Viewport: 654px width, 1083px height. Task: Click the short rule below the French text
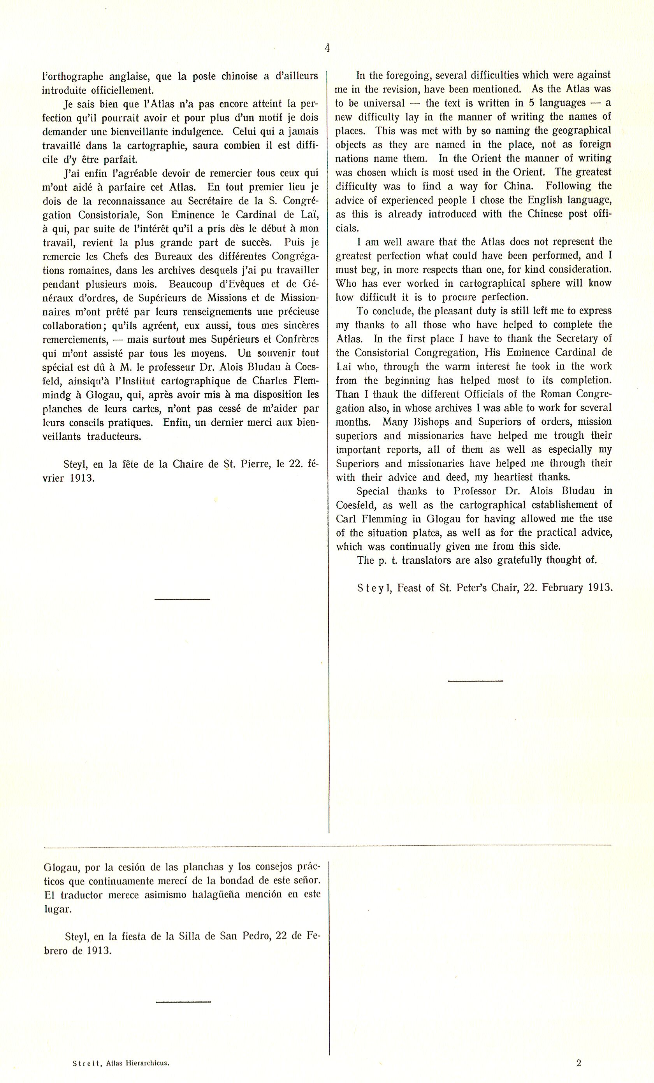(182, 599)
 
